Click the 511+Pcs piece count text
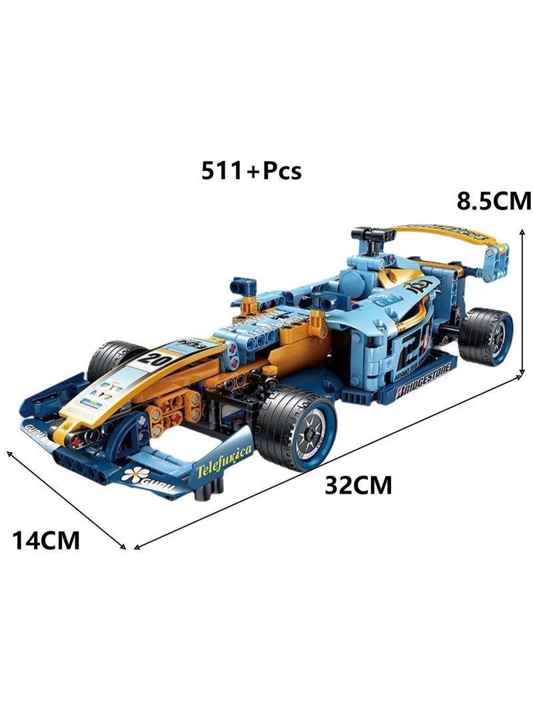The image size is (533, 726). [252, 171]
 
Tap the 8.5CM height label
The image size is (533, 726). [494, 200]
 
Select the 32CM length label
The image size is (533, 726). [358, 485]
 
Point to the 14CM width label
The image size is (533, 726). [46, 540]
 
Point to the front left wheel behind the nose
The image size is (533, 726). [113, 358]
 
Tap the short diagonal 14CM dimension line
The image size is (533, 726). [66, 499]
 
